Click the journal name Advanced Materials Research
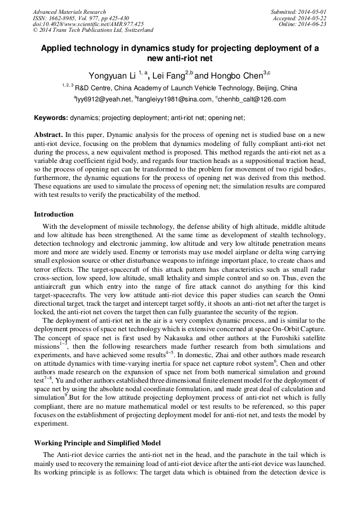coord(69,12)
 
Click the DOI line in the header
coord(88,24)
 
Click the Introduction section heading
coord(54,214)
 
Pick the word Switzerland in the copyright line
coord(136,30)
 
